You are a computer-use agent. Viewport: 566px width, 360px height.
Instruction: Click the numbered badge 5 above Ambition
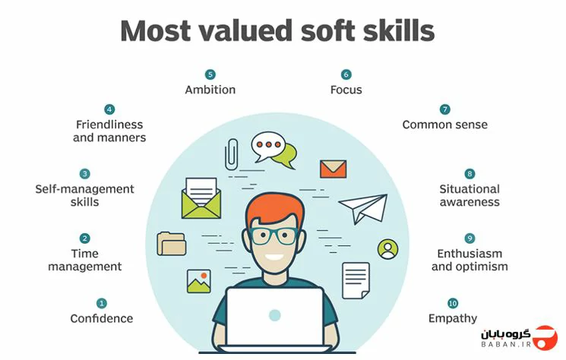(x=210, y=74)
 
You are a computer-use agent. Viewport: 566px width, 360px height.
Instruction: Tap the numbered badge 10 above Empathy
(x=453, y=303)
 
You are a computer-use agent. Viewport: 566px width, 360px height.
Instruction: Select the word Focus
(x=346, y=90)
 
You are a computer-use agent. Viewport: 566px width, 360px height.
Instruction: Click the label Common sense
(x=444, y=125)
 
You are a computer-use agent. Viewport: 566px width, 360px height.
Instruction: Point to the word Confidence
(x=102, y=318)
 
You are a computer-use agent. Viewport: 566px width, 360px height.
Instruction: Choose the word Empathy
(x=453, y=318)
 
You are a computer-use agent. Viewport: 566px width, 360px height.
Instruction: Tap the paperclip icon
(x=231, y=154)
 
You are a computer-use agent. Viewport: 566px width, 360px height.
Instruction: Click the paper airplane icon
(x=363, y=208)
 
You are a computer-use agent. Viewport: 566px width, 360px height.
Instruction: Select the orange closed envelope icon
(x=333, y=169)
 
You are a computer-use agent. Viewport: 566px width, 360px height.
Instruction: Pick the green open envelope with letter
(x=201, y=198)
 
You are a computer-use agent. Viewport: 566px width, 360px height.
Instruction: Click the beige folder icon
(x=172, y=244)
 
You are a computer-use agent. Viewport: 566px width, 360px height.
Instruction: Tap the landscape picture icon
(x=199, y=281)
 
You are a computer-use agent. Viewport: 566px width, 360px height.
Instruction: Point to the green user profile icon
(x=387, y=249)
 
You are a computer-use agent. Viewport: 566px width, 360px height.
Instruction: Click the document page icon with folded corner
(x=356, y=281)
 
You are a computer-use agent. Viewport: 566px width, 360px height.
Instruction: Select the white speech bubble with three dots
(x=268, y=146)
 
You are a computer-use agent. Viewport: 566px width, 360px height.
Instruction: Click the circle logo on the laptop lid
(x=275, y=315)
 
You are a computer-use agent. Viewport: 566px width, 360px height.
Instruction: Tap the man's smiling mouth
(x=274, y=257)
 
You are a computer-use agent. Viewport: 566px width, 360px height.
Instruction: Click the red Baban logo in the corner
(x=545, y=338)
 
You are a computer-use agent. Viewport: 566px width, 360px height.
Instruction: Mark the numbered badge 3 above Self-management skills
(x=84, y=173)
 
